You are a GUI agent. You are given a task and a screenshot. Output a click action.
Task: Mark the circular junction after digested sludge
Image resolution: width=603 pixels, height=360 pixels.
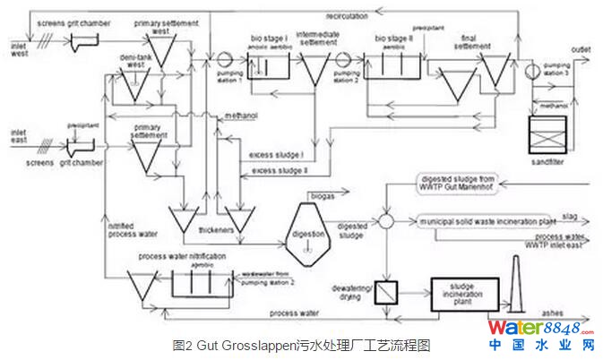385,220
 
